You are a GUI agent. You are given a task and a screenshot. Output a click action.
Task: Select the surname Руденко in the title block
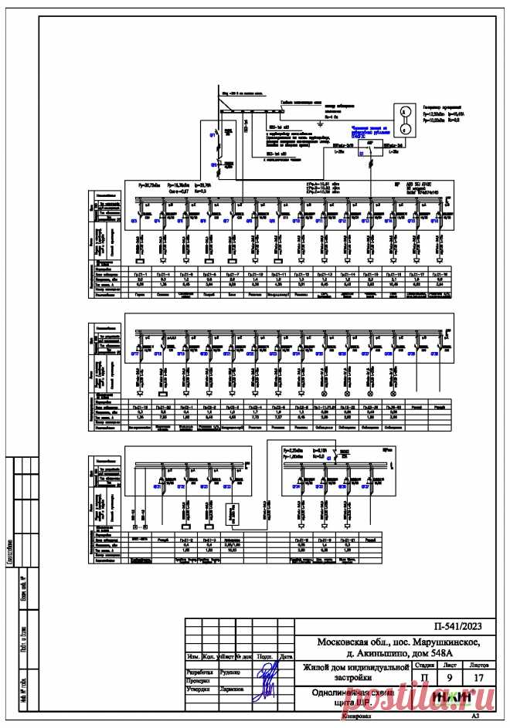(233, 672)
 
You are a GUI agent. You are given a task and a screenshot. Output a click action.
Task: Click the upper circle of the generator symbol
(403, 111)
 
